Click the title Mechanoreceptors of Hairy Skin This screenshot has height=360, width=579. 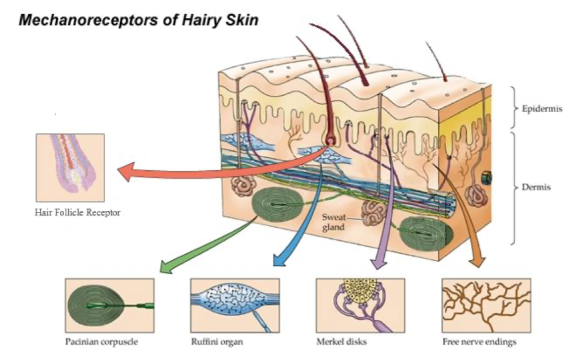138,20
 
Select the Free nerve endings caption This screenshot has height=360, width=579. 479,342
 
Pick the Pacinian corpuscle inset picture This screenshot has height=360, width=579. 109,305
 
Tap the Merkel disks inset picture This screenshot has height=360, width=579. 360,305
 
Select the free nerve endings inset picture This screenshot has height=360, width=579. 486,305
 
